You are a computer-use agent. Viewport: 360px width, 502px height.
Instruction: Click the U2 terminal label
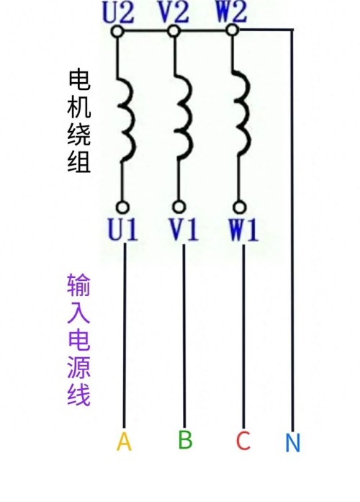pyautogui.click(x=118, y=13)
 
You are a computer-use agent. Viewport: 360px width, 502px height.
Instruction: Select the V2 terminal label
pyautogui.click(x=174, y=13)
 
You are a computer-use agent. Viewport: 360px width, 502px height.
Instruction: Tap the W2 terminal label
pyautogui.click(x=231, y=12)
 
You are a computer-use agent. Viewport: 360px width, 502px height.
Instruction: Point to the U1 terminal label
pyautogui.click(x=123, y=229)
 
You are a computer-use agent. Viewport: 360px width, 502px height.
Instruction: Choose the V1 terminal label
pyautogui.click(x=183, y=229)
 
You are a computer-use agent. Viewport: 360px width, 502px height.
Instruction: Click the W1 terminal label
pyautogui.click(x=243, y=229)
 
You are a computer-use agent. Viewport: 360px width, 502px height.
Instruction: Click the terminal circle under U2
pyautogui.click(x=117, y=31)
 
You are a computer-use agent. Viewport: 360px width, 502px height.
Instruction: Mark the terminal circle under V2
pyautogui.click(x=174, y=31)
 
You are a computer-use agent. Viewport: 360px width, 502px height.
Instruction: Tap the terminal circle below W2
pyautogui.click(x=233, y=30)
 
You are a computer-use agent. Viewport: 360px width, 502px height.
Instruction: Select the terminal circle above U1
pyautogui.click(x=122, y=207)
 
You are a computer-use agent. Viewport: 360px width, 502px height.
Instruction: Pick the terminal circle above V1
pyautogui.click(x=179, y=207)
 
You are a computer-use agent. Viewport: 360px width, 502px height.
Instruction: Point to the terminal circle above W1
pyautogui.click(x=239, y=207)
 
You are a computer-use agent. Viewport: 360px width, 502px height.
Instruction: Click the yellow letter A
pyautogui.click(x=124, y=442)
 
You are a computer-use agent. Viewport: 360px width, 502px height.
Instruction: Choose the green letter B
pyautogui.click(x=185, y=439)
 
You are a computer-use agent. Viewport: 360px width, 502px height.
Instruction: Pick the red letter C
pyautogui.click(x=243, y=441)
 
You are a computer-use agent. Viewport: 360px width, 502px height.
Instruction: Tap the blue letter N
pyautogui.click(x=292, y=442)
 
